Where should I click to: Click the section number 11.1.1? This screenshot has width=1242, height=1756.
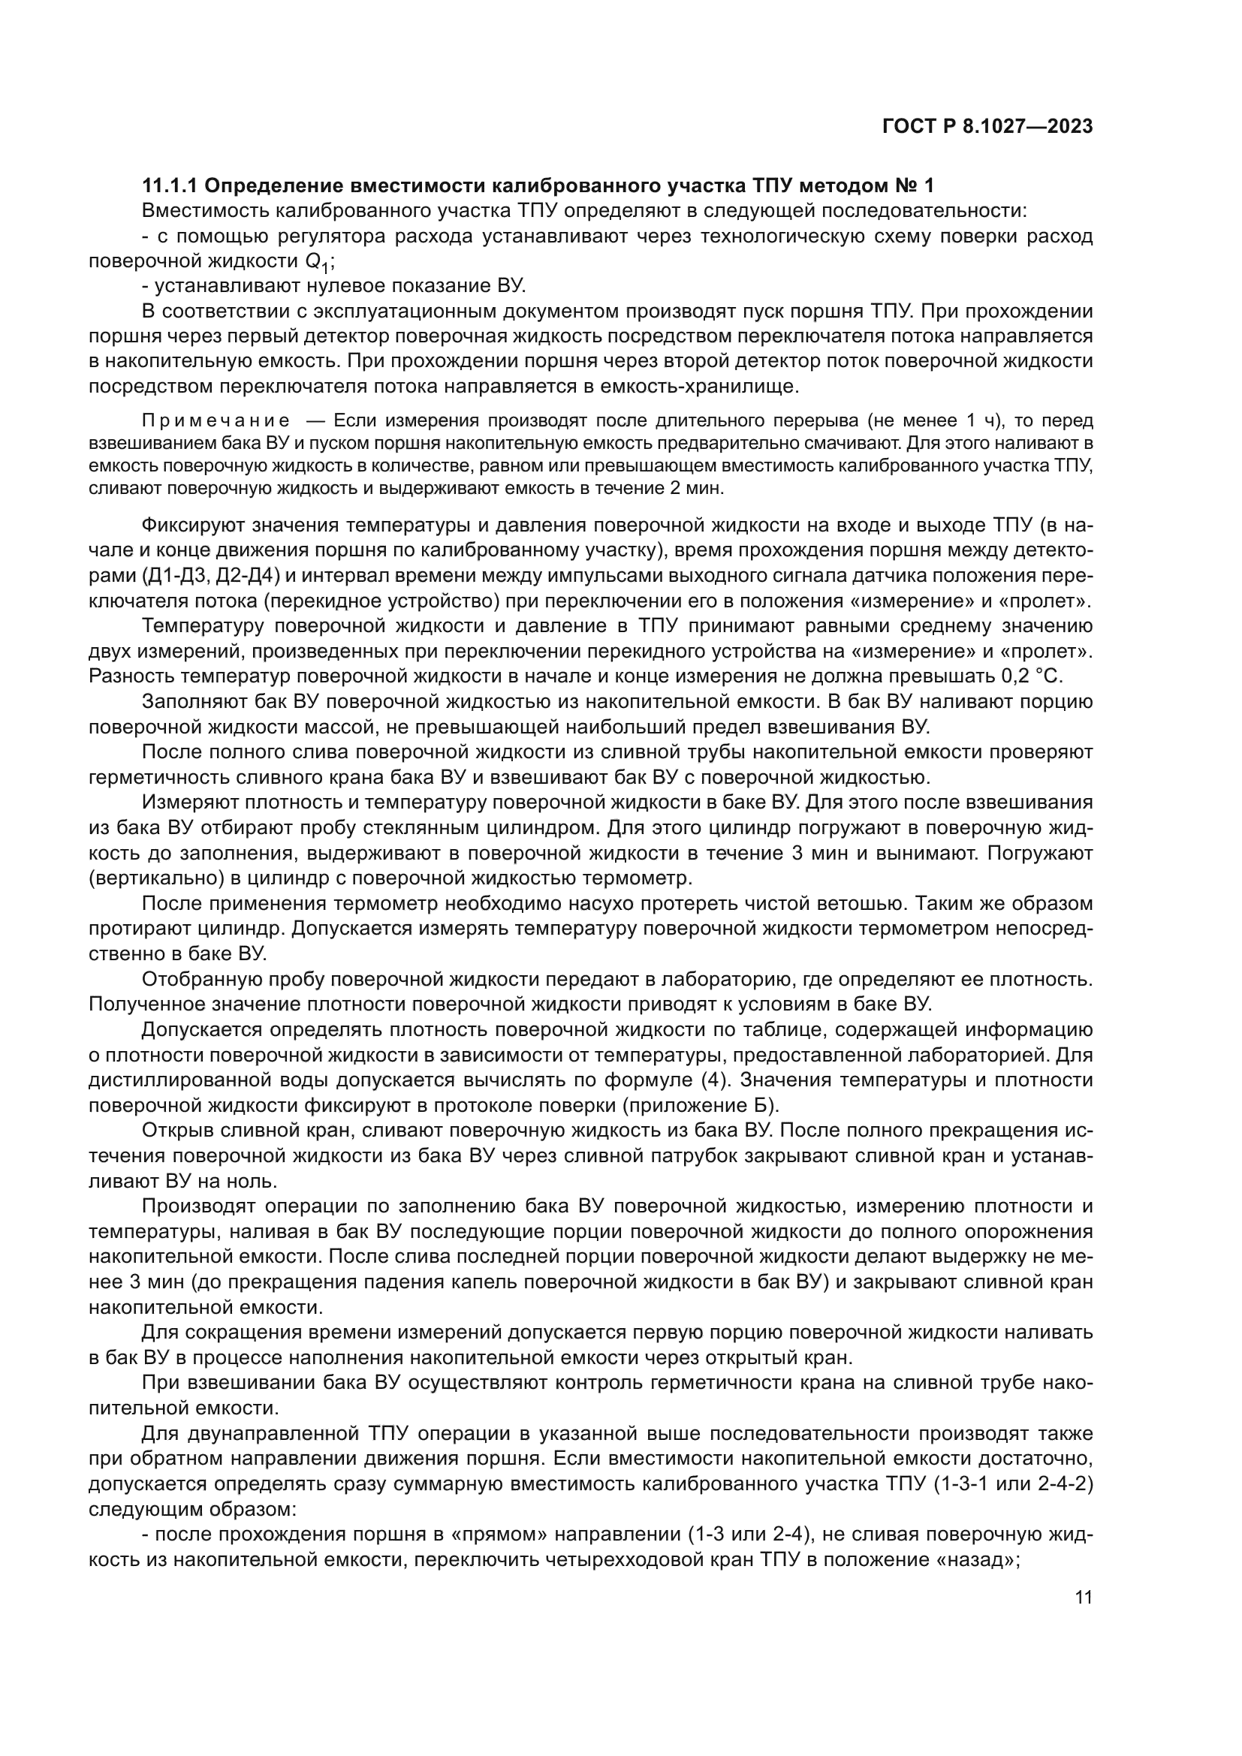click(169, 186)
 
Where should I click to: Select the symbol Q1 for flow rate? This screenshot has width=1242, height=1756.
click(318, 262)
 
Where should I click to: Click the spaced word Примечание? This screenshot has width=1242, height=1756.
click(216, 420)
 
